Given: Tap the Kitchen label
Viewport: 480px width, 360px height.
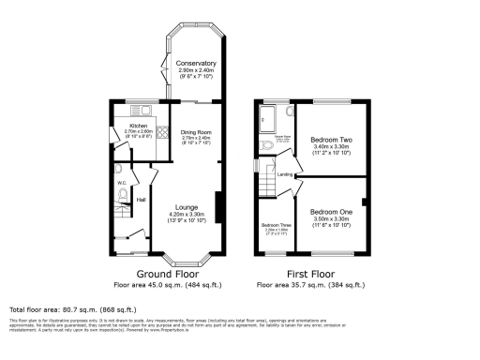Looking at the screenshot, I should coord(140,125).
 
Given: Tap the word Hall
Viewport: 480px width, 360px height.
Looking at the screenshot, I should coord(142,200).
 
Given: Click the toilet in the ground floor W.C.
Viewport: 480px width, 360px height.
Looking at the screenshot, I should coord(123,194).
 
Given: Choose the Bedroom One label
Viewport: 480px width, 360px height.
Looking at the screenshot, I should coord(331,213).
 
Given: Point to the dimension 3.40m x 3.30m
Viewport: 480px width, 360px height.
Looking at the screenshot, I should coord(330,147).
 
